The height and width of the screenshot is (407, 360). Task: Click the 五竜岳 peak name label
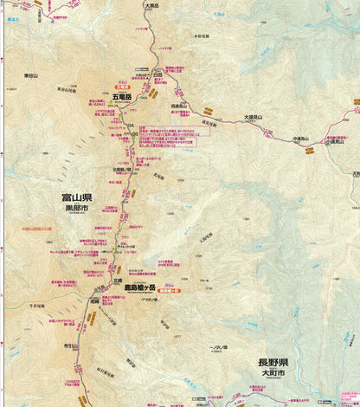(121, 97)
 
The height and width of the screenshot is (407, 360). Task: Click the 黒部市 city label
(77, 209)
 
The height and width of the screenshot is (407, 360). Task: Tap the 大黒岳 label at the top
(152, 6)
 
